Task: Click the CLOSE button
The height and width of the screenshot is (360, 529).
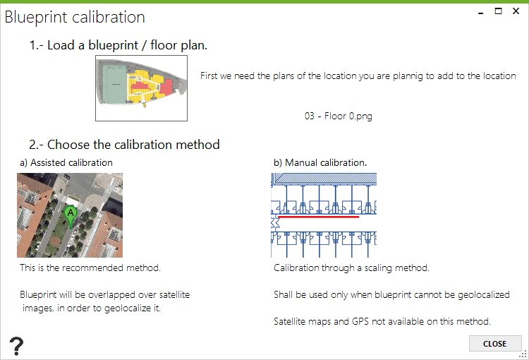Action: (x=495, y=344)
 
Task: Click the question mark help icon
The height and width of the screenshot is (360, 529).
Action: (x=16, y=346)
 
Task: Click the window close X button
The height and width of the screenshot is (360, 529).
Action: (x=516, y=11)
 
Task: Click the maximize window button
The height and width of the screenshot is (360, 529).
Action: (x=498, y=11)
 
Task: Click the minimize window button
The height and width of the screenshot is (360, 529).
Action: (x=481, y=13)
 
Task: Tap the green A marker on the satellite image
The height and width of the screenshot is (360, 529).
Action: (x=71, y=217)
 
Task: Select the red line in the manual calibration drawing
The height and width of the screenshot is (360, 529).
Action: (x=318, y=217)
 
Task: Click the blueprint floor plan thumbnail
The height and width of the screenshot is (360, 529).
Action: (x=141, y=88)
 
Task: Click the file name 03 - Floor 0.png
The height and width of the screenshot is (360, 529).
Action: (x=338, y=116)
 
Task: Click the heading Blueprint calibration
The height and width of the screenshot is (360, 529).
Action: (x=75, y=17)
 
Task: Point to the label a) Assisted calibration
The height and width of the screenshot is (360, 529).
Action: (x=66, y=163)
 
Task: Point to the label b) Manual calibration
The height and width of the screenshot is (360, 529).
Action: (x=320, y=163)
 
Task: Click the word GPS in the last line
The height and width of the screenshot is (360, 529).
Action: (x=360, y=321)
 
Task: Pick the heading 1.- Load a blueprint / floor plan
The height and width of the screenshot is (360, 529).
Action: (x=118, y=45)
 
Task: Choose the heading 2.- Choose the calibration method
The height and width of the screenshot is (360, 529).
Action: (x=124, y=145)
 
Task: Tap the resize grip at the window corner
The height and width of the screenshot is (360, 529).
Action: (x=523, y=354)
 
